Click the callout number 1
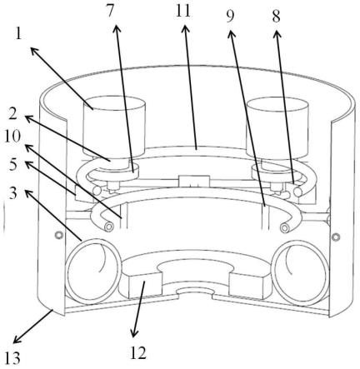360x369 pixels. pyautogui.click(x=18, y=34)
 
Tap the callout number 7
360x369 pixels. pyautogui.click(x=111, y=12)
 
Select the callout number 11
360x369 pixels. pyautogui.click(x=183, y=12)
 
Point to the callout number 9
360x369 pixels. pyautogui.click(x=230, y=17)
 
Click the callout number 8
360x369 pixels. pyautogui.click(x=276, y=17)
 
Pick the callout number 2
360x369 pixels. pyautogui.click(x=13, y=114)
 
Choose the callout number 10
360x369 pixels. pyautogui.click(x=12, y=137)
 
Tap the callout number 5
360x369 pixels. pyautogui.click(x=13, y=165)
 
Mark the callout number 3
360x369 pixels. pyautogui.click(x=13, y=193)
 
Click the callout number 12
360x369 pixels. pyautogui.click(x=138, y=353)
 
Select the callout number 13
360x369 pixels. pyautogui.click(x=12, y=358)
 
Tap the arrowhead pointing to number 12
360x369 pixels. pyautogui.click(x=134, y=333)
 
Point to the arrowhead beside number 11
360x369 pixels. pyautogui.click(x=186, y=29)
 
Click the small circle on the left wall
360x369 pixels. pyautogui.click(x=58, y=236)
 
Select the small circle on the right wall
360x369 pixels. pyautogui.click(x=336, y=237)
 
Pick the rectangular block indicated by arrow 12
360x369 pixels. pyautogui.click(x=145, y=286)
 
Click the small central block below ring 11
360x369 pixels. pyautogui.click(x=194, y=181)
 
